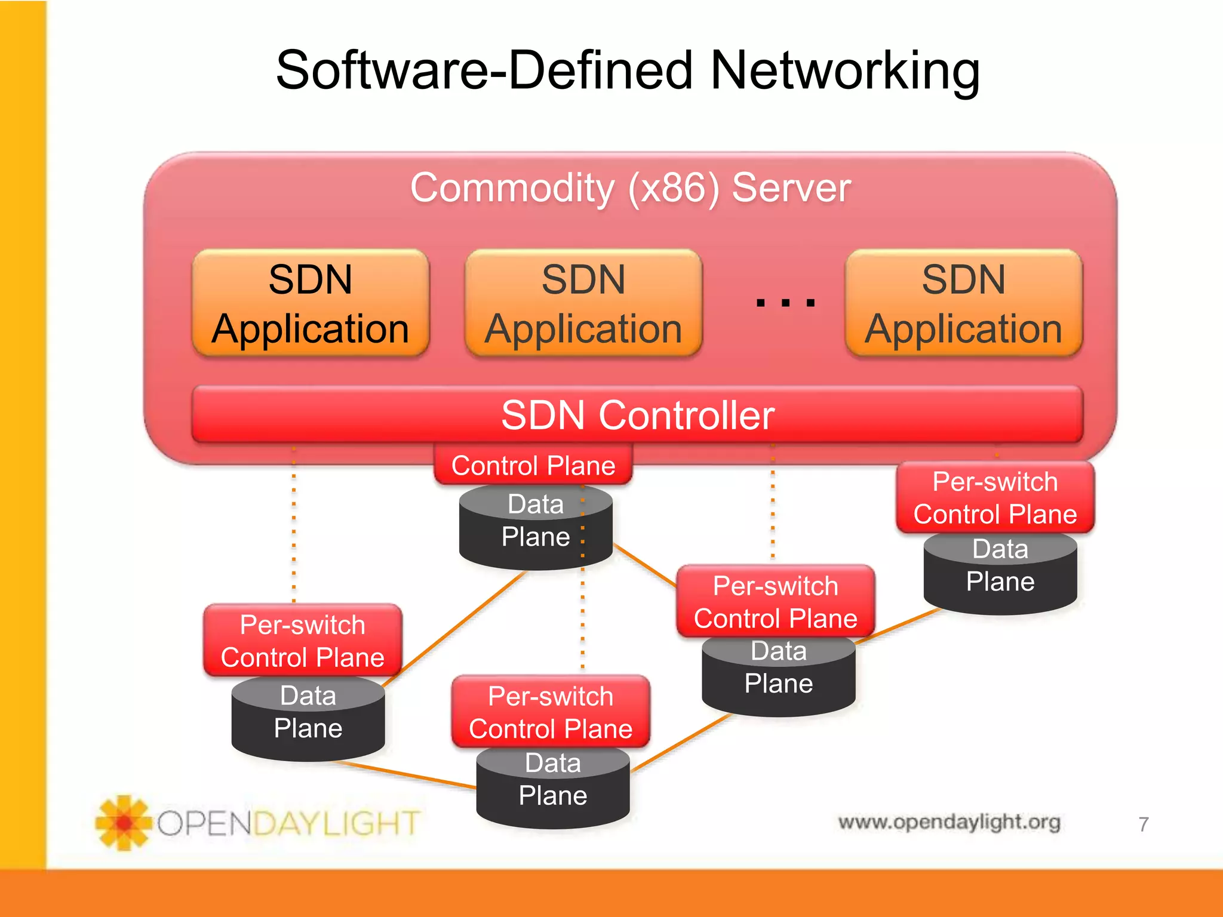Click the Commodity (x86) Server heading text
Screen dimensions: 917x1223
pos(630,188)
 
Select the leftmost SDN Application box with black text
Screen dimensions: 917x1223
pos(311,303)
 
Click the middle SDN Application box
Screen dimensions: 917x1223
pos(583,303)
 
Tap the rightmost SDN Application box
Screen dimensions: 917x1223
pos(963,303)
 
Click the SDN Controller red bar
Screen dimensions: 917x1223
pos(637,415)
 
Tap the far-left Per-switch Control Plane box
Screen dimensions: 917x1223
pos(303,641)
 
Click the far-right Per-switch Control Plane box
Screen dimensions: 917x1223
pos(995,497)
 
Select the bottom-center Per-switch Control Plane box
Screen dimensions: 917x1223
pos(550,712)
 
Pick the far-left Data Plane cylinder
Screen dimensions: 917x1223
pos(308,719)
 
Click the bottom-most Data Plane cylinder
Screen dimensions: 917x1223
pos(552,787)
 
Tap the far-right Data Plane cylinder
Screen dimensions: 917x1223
pos(1000,573)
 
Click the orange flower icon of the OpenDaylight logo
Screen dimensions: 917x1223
pos(124,823)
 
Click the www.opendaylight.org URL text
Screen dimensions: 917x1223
pos(949,822)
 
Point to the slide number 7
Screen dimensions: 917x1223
pos(1143,824)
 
